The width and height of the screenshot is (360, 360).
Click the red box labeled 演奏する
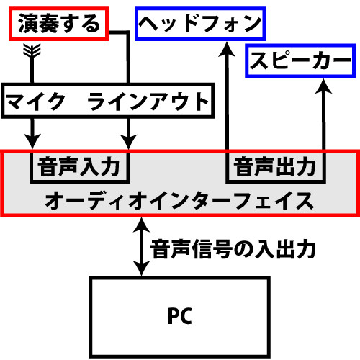pos(57,24)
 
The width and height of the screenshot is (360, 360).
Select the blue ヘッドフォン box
pos(200,24)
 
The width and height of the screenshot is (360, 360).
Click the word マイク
pos(37,102)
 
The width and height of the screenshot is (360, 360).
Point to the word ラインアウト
pos(148,102)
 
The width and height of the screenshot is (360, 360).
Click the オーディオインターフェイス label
pos(180,199)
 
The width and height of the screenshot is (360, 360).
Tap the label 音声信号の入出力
pos(234,250)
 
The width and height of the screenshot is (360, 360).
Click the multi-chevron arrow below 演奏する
pos(32,52)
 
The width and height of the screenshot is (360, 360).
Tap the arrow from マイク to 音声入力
pos(32,132)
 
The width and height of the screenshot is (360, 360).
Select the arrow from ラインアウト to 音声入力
pos(128,132)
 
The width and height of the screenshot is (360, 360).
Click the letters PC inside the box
pos(180,316)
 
